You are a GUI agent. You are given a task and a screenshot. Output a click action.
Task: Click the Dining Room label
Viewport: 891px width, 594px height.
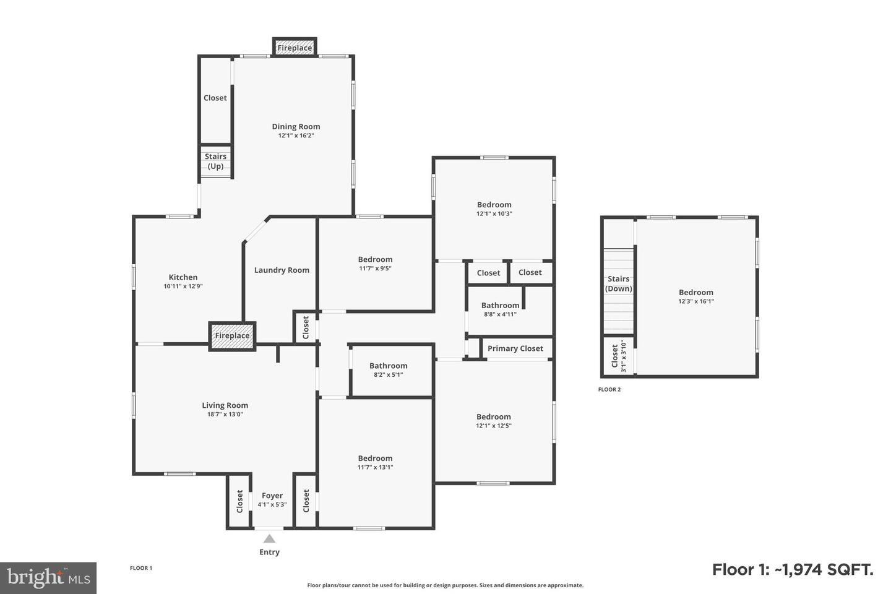[x=296, y=126]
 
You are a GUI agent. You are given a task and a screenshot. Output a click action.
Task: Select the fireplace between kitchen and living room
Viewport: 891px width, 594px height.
[x=232, y=336]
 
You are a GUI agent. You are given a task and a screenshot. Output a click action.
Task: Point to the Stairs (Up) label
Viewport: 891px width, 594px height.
[x=215, y=161]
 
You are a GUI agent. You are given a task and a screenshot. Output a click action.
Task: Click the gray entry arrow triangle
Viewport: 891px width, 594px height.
[x=269, y=539]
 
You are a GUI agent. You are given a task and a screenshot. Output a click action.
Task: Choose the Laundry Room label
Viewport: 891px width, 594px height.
[x=282, y=270]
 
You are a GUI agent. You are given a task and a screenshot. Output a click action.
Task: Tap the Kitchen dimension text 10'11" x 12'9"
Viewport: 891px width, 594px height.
[x=183, y=286]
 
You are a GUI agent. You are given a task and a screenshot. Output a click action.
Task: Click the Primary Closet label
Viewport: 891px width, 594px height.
[x=515, y=348]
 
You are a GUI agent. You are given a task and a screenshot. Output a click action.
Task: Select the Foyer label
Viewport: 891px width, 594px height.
[x=272, y=496]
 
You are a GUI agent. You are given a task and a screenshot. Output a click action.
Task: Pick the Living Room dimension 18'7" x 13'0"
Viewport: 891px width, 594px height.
[x=225, y=414]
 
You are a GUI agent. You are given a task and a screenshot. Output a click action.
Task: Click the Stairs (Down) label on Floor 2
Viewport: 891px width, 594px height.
[x=619, y=283]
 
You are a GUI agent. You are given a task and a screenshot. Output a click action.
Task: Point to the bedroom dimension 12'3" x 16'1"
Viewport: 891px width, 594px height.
[x=696, y=301]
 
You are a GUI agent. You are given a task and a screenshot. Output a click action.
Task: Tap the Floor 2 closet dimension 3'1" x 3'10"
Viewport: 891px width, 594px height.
[x=623, y=356]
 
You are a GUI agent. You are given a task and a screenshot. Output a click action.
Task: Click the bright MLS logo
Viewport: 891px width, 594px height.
[x=48, y=578]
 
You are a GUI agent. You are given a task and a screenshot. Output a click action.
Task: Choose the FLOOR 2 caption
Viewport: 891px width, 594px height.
[x=609, y=389]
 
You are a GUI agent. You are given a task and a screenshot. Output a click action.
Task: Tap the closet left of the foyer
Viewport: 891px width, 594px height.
[x=239, y=501]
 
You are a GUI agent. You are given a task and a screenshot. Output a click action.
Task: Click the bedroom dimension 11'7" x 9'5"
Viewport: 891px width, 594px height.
[x=375, y=269]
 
